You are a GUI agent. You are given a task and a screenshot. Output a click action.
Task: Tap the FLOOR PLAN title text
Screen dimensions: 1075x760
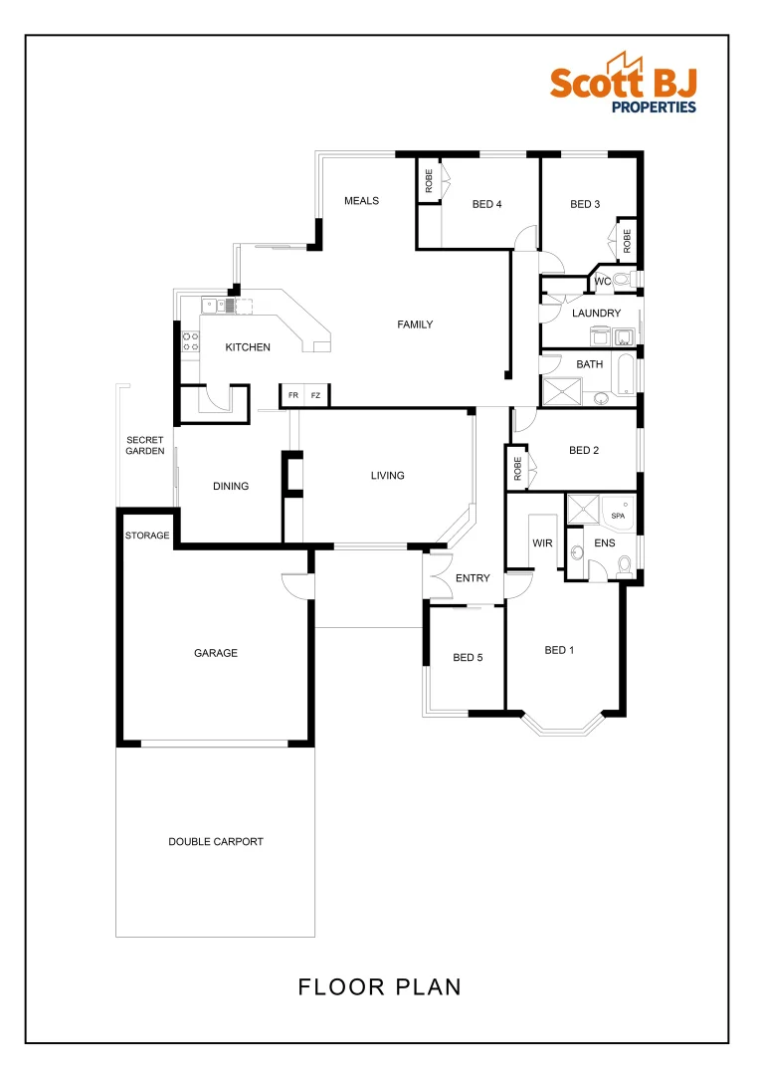[x=379, y=986]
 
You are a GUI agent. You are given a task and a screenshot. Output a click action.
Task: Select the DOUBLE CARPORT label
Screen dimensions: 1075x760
[x=216, y=841]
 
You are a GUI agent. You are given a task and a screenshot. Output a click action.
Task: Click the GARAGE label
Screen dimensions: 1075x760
[x=216, y=653]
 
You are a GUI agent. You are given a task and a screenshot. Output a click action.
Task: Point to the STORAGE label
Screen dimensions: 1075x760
[x=147, y=536]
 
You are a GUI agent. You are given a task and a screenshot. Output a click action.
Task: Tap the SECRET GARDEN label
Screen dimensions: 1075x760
[x=145, y=445]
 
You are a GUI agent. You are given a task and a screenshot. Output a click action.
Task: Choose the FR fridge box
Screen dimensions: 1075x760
[x=292, y=395]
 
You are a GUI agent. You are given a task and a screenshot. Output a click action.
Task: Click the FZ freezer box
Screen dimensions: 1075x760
[x=316, y=395]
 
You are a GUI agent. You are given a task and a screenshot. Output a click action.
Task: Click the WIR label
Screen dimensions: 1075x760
[x=542, y=543]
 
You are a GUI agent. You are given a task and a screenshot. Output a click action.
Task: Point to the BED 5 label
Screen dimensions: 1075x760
[x=468, y=657]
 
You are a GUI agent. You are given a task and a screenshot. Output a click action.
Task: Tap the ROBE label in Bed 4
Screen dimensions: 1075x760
[x=429, y=180]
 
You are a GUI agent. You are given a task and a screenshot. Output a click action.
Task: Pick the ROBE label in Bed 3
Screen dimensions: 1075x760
[x=627, y=240]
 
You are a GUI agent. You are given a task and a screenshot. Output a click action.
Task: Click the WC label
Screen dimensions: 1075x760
[x=602, y=282]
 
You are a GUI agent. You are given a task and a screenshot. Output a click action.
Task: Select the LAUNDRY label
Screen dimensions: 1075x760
[x=596, y=313]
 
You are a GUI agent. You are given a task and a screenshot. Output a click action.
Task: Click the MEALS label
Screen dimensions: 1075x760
[x=362, y=200]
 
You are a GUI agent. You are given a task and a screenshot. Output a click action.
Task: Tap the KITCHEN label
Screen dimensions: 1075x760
[x=248, y=347]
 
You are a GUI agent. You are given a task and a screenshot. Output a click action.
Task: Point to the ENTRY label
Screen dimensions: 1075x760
[x=473, y=578]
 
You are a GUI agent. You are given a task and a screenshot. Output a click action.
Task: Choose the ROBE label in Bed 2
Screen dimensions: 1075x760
[x=518, y=467]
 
